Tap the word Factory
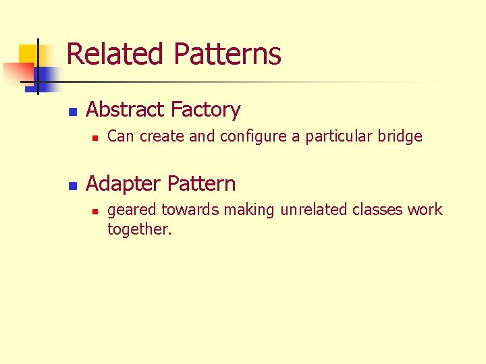coord(205,109)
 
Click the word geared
coord(130,210)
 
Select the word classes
coord(378,210)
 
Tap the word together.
coord(139,229)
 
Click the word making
coord(249,210)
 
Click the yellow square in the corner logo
coord(27,54)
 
